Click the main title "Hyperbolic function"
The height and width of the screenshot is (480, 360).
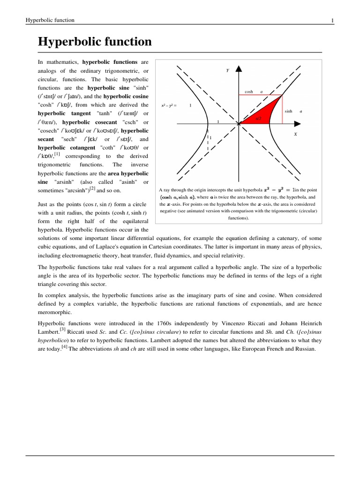tap(95, 42)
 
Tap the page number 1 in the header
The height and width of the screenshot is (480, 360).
tap(332, 20)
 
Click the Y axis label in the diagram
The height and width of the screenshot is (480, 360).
tap(228, 70)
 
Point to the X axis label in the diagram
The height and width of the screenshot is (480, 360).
tap(295, 134)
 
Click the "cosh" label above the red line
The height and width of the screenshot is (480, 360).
tap(249, 92)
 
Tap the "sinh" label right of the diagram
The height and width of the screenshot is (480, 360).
tap(288, 111)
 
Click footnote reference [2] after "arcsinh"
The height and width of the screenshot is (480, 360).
tap(92, 188)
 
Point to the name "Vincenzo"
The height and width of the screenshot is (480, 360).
tap(234, 324)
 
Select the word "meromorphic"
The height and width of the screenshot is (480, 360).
tap(55, 312)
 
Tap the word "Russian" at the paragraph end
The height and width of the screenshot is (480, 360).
tap(304, 350)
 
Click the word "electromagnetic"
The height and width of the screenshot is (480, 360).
tap(80, 256)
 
